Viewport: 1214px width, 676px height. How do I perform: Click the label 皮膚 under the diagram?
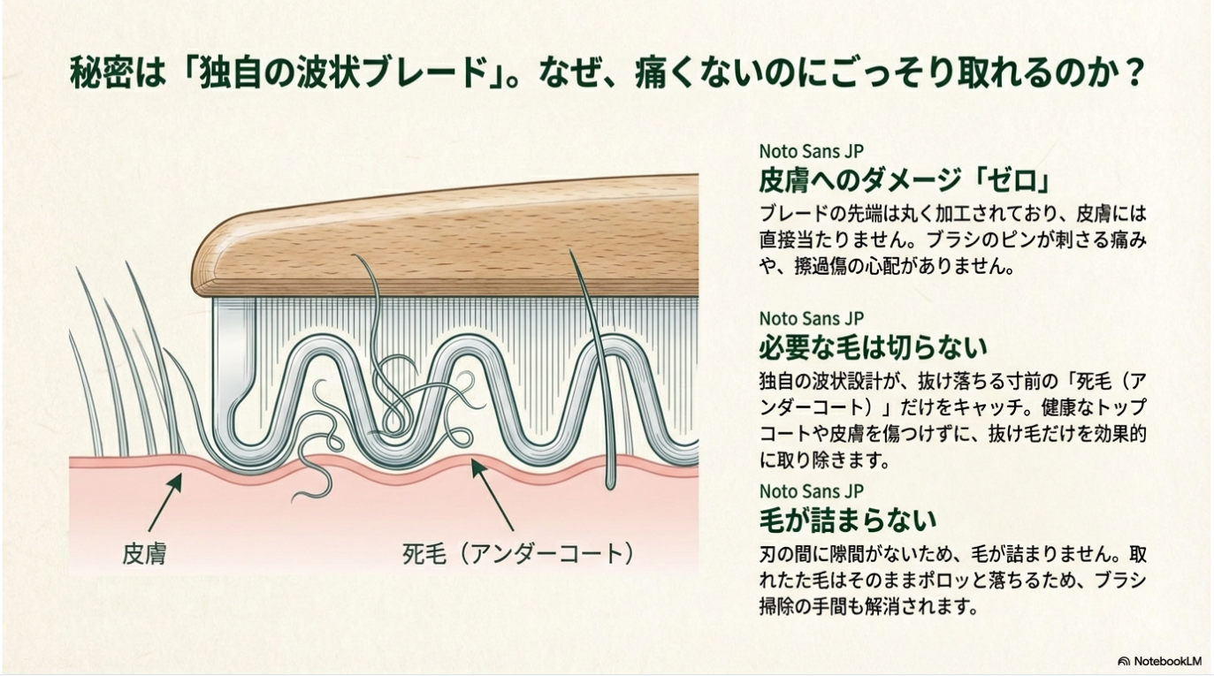(x=144, y=553)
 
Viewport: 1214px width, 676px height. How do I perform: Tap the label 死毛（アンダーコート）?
(x=517, y=553)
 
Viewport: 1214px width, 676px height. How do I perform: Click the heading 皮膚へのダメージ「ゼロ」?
(x=905, y=180)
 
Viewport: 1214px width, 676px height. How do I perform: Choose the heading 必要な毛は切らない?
(x=873, y=347)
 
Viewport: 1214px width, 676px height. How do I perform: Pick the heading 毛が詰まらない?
(x=848, y=520)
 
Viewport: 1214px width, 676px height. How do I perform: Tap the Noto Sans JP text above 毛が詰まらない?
(x=812, y=490)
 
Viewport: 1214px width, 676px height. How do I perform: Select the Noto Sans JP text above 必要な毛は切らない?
(x=812, y=318)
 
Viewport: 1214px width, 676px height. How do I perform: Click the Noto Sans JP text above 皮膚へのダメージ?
(x=812, y=150)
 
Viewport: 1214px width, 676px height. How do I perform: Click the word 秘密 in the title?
(x=101, y=73)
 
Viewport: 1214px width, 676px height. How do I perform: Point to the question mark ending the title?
(x=1130, y=73)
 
